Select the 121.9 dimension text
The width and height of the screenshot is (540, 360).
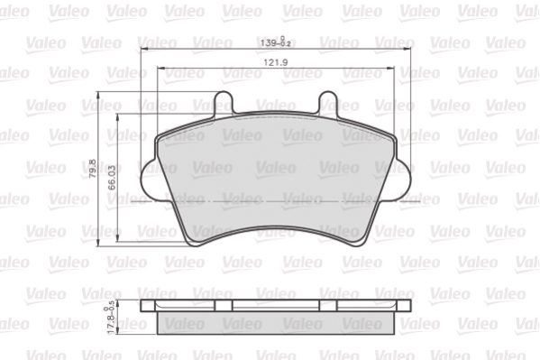click(275, 62)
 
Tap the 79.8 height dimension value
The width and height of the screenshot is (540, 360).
click(93, 170)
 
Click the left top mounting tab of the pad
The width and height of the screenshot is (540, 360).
click(223, 102)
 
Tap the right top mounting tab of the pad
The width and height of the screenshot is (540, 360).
click(330, 102)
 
